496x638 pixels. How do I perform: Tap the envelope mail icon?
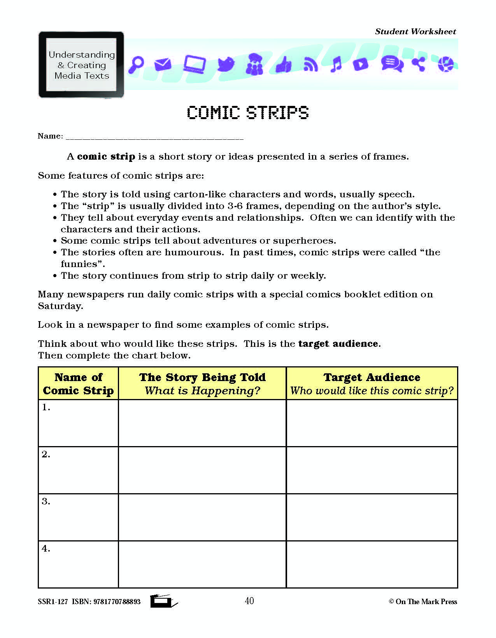coord(163,64)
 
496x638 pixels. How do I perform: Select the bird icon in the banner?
coord(226,64)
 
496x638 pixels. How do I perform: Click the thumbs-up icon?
coord(284,64)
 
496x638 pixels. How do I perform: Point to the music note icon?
coord(336,64)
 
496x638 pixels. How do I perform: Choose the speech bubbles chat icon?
coord(391,64)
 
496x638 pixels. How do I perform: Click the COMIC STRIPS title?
coord(248,113)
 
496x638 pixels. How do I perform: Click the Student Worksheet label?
coord(415,32)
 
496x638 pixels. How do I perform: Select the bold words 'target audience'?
coord(338,344)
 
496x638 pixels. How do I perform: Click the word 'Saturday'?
coord(60,306)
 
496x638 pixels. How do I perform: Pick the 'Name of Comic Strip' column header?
coord(78,384)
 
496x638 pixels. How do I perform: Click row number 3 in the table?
coord(46,501)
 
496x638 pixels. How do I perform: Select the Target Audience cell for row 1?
coord(372,423)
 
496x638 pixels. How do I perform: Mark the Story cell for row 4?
coord(202,564)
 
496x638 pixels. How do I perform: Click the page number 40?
coord(249,601)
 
